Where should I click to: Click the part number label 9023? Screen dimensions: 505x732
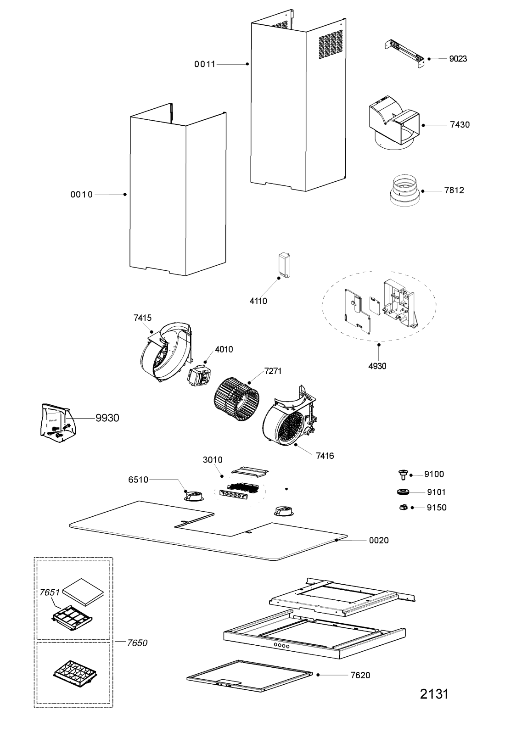458,59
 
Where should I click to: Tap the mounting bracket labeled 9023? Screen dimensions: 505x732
404,54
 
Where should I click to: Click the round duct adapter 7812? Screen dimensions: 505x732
404,191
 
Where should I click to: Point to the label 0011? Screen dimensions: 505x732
205,64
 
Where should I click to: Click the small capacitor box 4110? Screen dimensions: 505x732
284,265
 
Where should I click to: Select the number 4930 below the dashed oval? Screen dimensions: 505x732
377,366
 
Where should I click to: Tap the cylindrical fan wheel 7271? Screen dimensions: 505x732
236,399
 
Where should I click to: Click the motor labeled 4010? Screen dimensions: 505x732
199,377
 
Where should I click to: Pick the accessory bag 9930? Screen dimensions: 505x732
56,424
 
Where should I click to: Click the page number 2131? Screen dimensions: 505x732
434,694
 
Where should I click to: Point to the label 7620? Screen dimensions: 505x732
360,675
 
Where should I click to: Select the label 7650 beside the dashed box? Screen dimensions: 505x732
137,643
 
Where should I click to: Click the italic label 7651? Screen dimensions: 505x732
50,592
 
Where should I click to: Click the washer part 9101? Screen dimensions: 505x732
403,492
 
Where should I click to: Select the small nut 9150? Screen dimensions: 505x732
404,507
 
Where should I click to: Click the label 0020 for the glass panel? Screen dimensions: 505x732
379,540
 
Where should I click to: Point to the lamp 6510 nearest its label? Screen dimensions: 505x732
193,497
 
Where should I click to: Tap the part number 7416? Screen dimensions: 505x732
325,456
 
